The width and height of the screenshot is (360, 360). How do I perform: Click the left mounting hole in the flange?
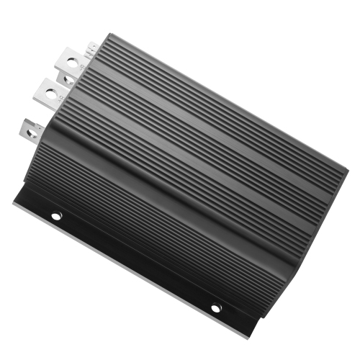(x=57, y=215)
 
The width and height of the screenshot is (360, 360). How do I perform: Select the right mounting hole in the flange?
(x=215, y=307)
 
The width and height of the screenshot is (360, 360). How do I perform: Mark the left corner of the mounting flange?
(x=14, y=202)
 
